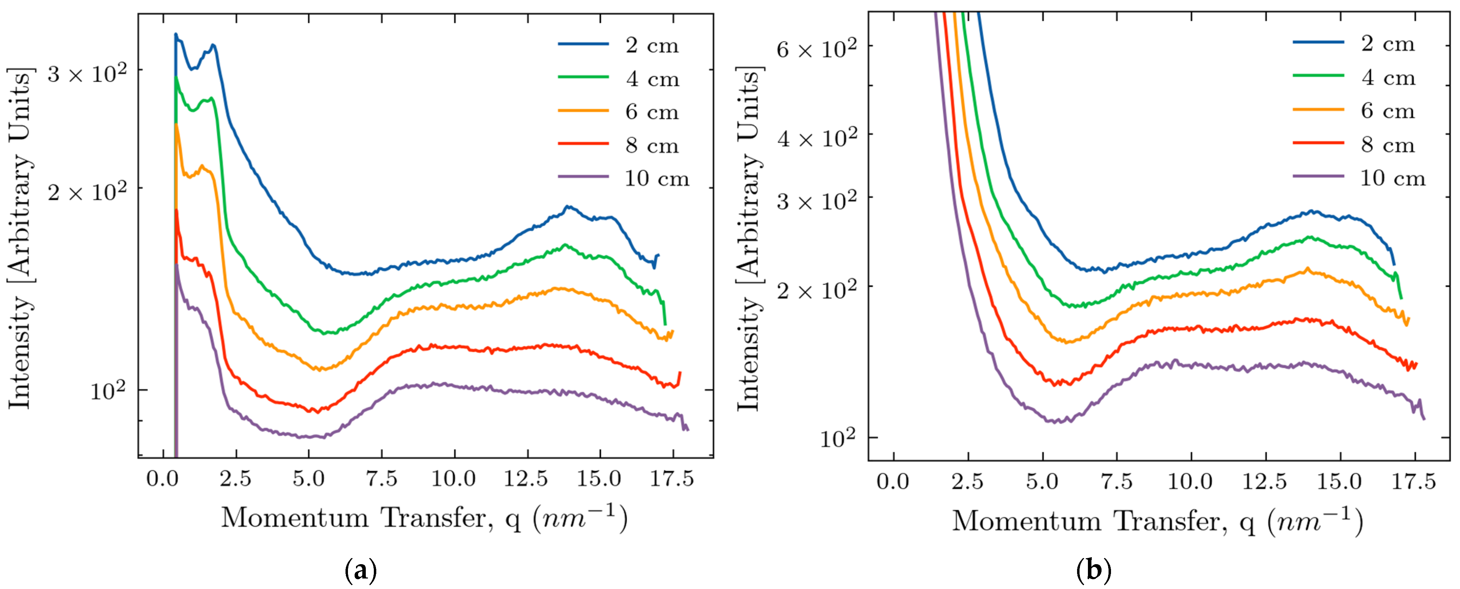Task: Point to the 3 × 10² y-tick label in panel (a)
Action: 87,72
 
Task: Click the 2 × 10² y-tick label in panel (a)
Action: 87,192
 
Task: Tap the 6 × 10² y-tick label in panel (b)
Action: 817,49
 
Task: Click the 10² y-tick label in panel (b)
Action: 838,438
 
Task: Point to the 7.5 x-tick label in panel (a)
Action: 382,479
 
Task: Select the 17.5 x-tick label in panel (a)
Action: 672,479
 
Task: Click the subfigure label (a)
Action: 361,570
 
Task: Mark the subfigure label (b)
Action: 1093,570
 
